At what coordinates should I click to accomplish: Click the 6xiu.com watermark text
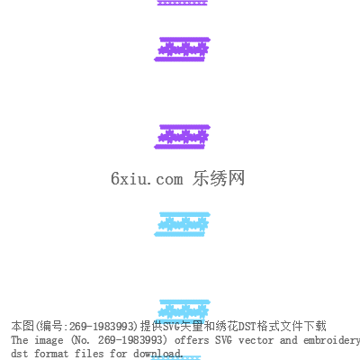point(147,178)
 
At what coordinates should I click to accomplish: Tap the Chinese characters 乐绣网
point(219,178)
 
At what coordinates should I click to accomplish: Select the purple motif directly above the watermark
point(182,137)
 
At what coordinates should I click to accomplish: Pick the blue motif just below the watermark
point(182,224)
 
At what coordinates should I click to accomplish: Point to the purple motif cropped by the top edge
point(182,3)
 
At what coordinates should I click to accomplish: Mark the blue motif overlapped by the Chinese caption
point(182,310)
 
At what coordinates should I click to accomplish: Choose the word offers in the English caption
point(192,340)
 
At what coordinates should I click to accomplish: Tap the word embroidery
point(331,341)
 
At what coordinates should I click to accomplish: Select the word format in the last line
point(51,354)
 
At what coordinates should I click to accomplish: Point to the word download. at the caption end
point(158,354)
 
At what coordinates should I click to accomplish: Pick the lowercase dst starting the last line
point(20,354)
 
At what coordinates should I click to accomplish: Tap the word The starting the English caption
point(20,340)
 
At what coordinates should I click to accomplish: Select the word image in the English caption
point(49,340)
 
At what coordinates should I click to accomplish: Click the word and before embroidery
point(288,340)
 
